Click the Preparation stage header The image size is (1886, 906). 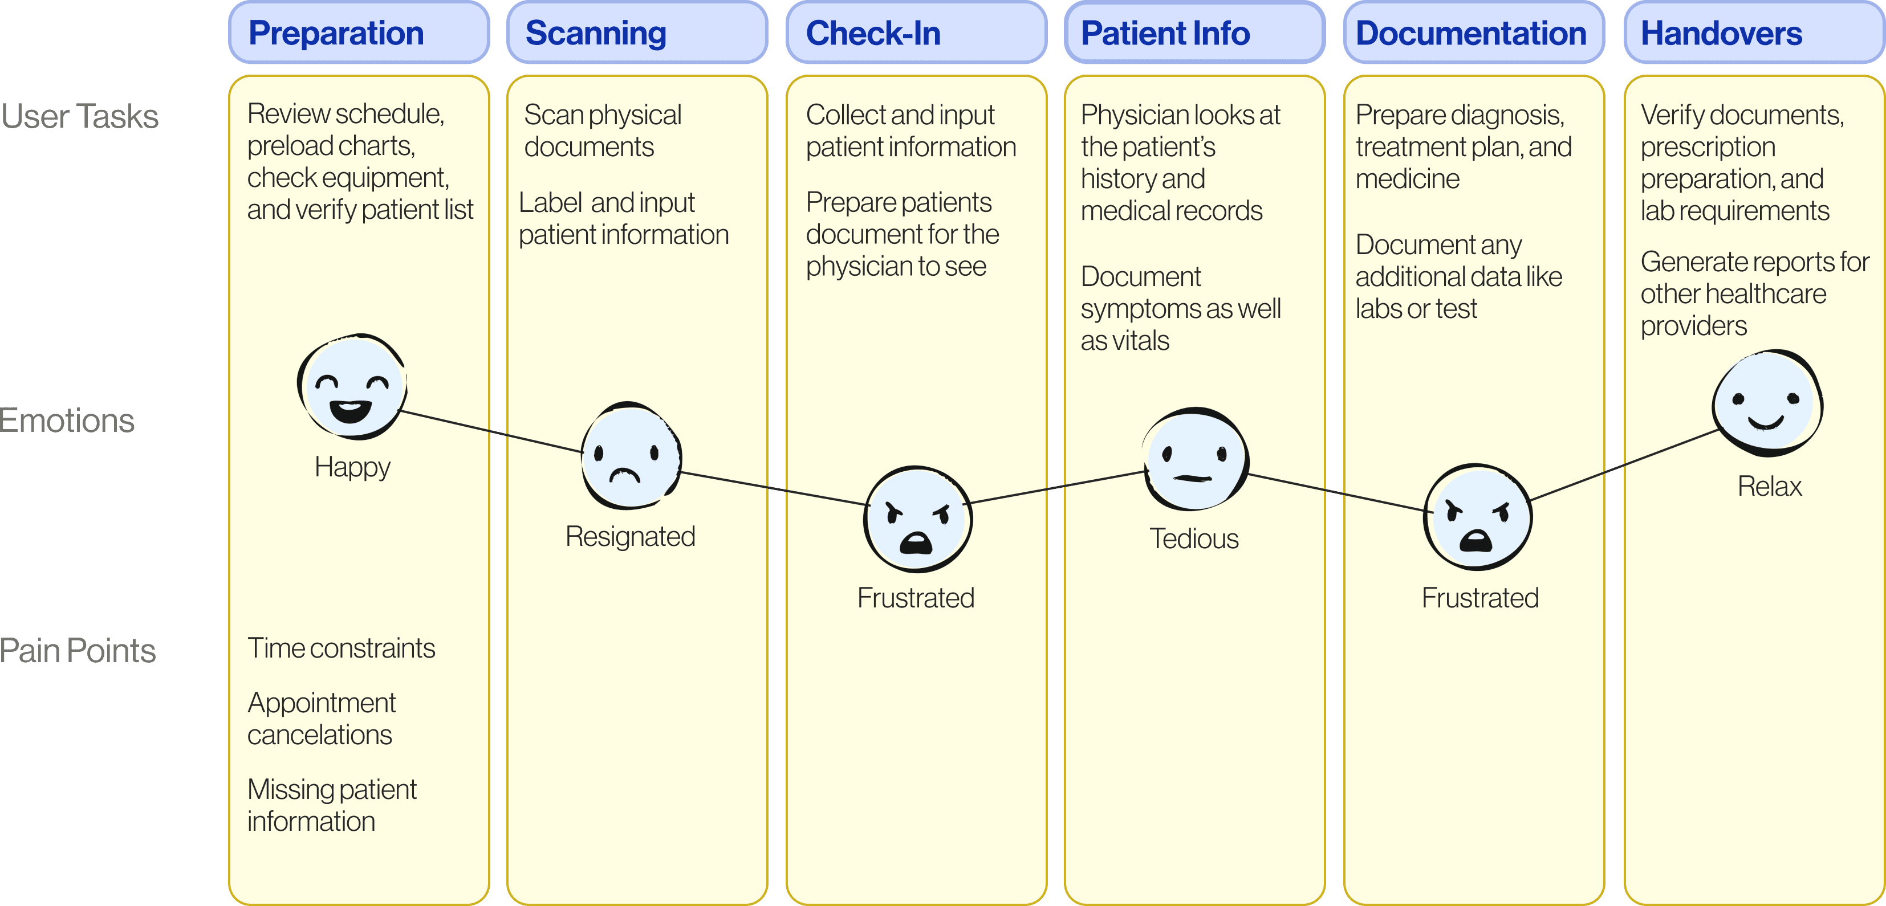pyautogui.click(x=359, y=33)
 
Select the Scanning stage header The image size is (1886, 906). pyautogui.click(x=637, y=33)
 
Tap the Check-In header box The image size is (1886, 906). pyautogui.click(x=917, y=33)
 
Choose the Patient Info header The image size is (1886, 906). pyautogui.click(x=1195, y=33)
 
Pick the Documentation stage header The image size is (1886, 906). pyautogui.click(x=1474, y=33)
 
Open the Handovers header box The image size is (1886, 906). pyautogui.click(x=1754, y=33)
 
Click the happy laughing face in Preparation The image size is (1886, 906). pyautogui.click(x=352, y=386)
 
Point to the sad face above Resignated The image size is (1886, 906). pyautogui.click(x=631, y=455)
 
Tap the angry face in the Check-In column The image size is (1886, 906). pyautogui.click(x=918, y=519)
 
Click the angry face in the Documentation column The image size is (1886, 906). pyautogui.click(x=1477, y=517)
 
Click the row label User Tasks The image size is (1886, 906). pyautogui.click(x=79, y=116)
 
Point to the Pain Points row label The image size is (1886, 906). pyautogui.click(x=78, y=651)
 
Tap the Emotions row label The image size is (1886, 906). pyautogui.click(x=67, y=421)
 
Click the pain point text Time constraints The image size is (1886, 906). pyautogui.click(x=341, y=648)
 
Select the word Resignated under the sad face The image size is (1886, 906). pyautogui.click(x=631, y=536)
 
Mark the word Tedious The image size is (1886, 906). pyautogui.click(x=1194, y=538)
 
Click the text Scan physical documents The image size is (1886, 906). pyautogui.click(x=603, y=130)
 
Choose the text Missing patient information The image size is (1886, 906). pyautogui.click(x=332, y=805)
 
